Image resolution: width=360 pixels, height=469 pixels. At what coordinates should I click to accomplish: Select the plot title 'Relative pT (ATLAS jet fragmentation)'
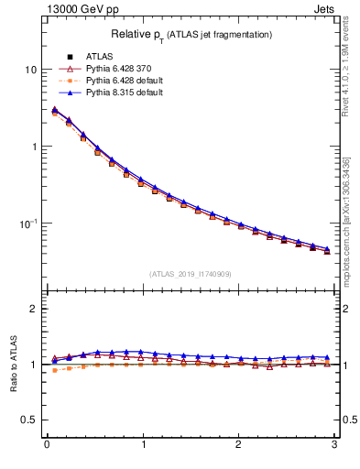(191, 35)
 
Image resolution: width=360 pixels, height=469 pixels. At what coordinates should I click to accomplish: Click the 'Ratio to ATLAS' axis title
(13, 365)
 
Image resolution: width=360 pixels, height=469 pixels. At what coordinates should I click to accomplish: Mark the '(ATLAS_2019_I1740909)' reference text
(191, 274)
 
